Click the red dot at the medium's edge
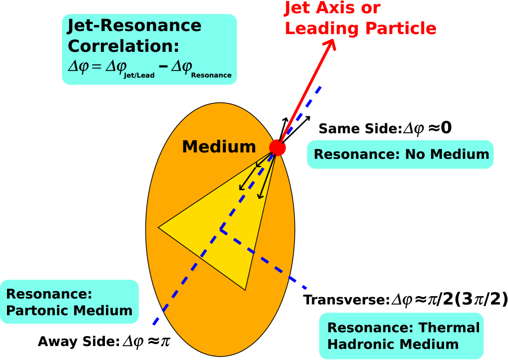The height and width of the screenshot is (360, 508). (277, 148)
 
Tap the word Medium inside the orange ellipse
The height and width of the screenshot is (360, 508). (219, 147)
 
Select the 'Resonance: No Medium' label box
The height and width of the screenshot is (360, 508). (400, 154)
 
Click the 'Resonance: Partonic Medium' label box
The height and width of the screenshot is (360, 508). (69, 302)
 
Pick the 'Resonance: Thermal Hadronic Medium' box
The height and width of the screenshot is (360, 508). (402, 336)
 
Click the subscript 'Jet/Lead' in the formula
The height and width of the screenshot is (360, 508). (139, 75)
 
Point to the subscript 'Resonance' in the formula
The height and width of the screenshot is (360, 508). (211, 75)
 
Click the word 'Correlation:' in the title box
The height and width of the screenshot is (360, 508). (123, 46)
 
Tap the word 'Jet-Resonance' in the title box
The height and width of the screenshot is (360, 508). (134, 25)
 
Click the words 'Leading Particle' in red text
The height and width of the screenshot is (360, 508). (360, 28)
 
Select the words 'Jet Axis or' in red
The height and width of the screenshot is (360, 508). (332, 8)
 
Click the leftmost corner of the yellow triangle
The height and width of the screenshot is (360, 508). (159, 228)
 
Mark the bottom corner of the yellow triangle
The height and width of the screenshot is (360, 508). (245, 289)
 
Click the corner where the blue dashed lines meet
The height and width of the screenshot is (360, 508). (221, 230)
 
